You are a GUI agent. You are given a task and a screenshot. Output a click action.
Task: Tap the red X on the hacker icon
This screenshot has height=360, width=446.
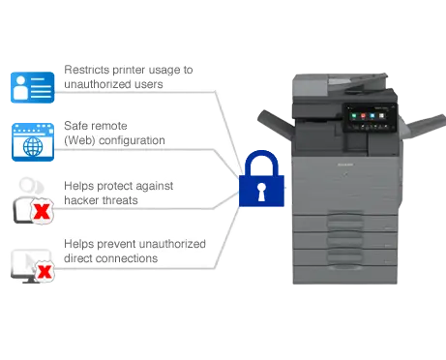(42, 210)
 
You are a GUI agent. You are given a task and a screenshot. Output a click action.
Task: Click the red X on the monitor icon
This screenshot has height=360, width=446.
(44, 273)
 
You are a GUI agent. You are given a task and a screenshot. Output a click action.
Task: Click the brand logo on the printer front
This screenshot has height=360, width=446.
(351, 166)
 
